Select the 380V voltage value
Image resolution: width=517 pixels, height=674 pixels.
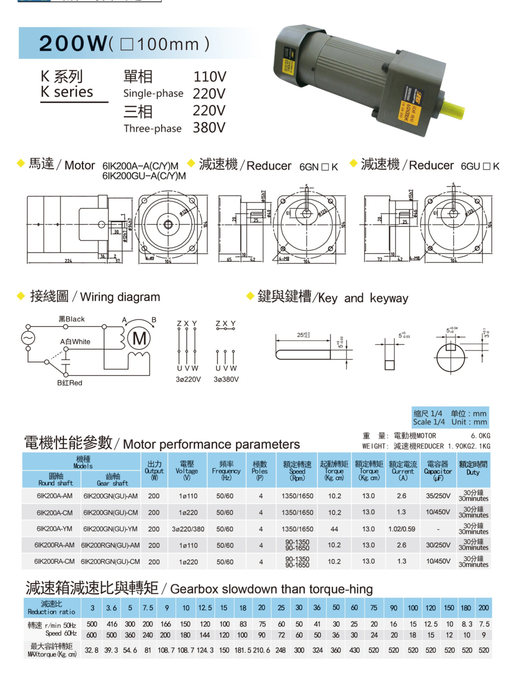[x=209, y=128]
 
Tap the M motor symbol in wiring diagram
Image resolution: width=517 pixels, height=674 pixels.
[x=139, y=339]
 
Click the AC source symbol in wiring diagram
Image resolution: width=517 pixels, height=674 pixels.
[x=28, y=338]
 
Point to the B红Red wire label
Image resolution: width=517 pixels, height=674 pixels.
[x=69, y=383]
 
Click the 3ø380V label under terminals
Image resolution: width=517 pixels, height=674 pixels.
[x=226, y=379]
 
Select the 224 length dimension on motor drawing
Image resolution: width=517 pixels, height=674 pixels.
[x=68, y=261]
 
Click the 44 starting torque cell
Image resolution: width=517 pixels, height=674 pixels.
[x=334, y=529]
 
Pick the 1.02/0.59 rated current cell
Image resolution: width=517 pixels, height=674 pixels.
[x=402, y=529]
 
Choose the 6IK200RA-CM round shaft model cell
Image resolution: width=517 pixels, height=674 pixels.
[x=54, y=562]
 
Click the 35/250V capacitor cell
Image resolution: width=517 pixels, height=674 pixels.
[x=438, y=496]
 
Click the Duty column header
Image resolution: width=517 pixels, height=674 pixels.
[x=473, y=468]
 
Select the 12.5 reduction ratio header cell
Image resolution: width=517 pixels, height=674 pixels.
[x=205, y=608]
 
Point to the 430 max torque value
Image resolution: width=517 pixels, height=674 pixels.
[x=354, y=650]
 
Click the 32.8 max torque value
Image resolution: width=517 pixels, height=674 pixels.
[x=91, y=650]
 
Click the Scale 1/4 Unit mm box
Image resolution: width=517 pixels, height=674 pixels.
[x=450, y=418]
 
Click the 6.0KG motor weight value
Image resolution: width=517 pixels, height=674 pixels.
[x=480, y=436]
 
